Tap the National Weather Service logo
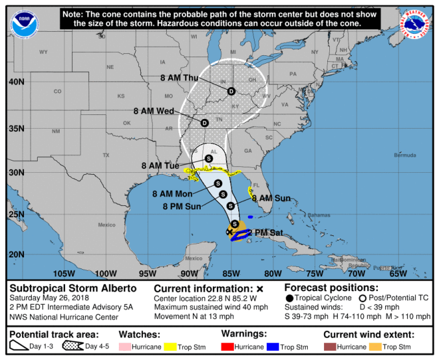pyautogui.click(x=416, y=24)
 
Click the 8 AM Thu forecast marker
pyautogui.click(x=231, y=92)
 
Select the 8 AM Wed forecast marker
pyautogui.click(x=204, y=122)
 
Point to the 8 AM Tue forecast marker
pyautogui.click(x=208, y=158)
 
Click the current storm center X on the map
pyautogui.click(x=229, y=231)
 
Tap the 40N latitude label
pyautogui.click(x=17, y=82)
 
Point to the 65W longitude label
pyautogui.click(x=398, y=273)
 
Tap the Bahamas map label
pyautogui.click(x=318, y=215)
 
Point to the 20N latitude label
pyautogui.click(x=17, y=255)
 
